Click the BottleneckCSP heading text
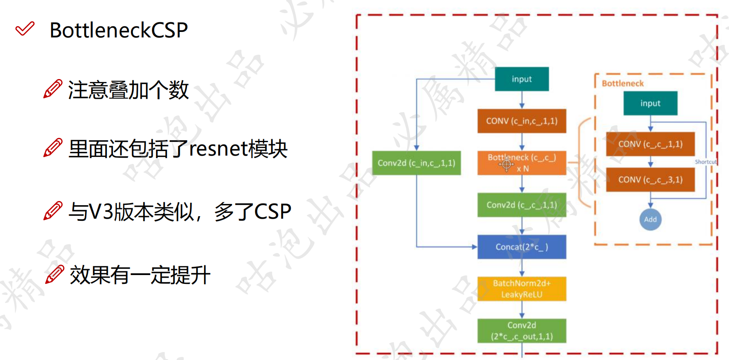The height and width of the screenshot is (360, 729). [119, 30]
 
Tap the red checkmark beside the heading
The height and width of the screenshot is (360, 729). [25, 29]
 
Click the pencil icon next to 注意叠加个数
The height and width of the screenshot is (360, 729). [53, 89]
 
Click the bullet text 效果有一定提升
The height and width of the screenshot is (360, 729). [140, 275]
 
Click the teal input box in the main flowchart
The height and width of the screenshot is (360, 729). [522, 79]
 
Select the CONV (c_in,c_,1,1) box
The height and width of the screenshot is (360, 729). [522, 121]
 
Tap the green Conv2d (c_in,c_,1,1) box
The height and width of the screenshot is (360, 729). [416, 163]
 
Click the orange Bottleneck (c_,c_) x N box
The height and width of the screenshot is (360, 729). [522, 163]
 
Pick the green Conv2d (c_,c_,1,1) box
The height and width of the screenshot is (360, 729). [522, 205]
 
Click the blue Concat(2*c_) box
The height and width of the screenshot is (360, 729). [522, 247]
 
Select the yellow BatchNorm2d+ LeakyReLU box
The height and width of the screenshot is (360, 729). [522, 289]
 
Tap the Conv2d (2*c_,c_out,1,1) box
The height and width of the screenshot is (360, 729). [522, 331]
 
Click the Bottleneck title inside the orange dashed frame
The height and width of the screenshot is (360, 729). [623, 83]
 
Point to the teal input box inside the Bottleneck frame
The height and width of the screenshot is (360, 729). [650, 103]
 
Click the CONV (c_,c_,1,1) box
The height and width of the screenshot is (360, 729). [650, 144]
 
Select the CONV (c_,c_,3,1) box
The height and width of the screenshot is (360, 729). [650, 180]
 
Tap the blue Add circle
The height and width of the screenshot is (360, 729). [650, 220]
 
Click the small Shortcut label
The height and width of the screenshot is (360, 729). [705, 162]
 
